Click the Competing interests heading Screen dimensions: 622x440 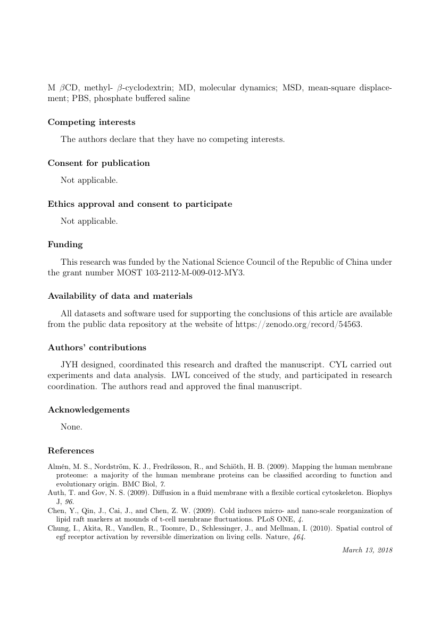92,122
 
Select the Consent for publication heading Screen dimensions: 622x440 98,163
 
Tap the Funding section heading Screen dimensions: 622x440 65,245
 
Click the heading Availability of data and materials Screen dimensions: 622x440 120,296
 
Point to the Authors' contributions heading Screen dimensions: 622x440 97,348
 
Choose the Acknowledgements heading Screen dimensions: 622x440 89,410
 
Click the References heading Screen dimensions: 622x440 71,451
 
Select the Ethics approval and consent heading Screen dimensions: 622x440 140,204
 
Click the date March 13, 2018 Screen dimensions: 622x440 368,550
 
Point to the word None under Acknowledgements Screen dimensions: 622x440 71,427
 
